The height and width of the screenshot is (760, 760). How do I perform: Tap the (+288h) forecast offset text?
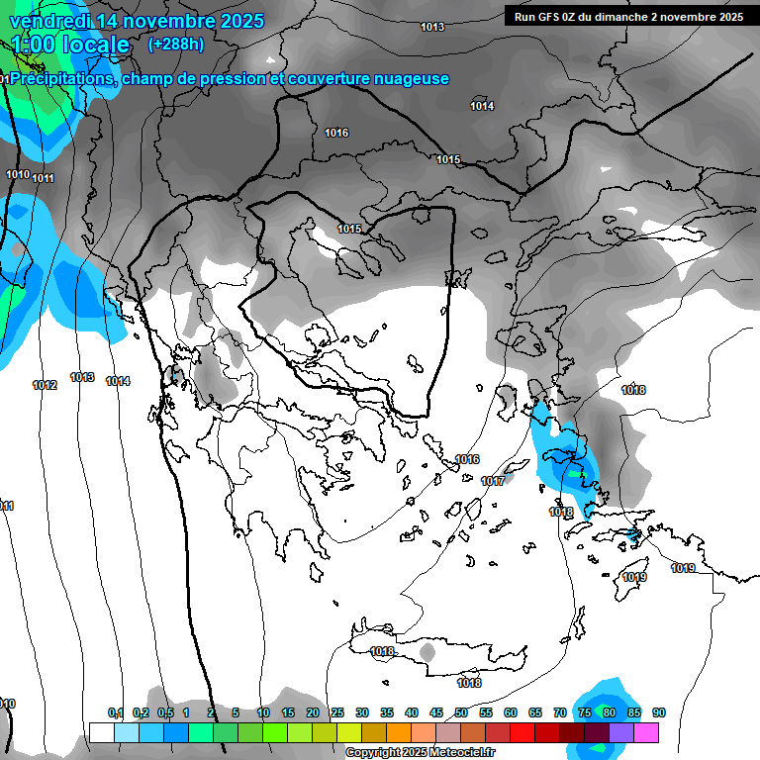(x=175, y=44)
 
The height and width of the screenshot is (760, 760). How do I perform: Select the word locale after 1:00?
(x=95, y=45)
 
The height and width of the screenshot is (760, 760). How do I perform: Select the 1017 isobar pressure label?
(x=493, y=481)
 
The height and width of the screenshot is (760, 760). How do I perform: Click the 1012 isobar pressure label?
(x=45, y=385)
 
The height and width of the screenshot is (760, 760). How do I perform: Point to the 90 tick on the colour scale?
(x=659, y=712)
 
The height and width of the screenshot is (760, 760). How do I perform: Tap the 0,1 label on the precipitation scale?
(x=115, y=712)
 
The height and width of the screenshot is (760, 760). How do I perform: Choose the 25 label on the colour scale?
(x=337, y=712)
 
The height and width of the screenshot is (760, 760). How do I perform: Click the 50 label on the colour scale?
(x=461, y=712)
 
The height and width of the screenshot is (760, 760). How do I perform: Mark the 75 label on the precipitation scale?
(x=585, y=712)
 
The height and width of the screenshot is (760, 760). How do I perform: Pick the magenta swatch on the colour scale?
(x=646, y=732)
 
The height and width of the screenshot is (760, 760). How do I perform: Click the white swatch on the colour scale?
(x=102, y=732)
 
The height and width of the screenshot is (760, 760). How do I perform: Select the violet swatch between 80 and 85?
(x=621, y=732)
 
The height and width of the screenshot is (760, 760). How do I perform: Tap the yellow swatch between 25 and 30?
(x=349, y=732)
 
